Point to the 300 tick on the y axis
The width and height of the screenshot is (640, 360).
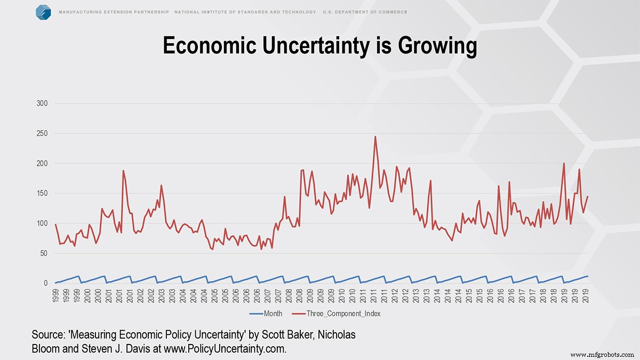[x=42, y=103]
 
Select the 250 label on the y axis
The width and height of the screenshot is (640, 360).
[x=42, y=133]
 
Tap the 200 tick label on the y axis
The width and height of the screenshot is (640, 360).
[x=42, y=163]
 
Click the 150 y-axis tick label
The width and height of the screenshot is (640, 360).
[x=42, y=194]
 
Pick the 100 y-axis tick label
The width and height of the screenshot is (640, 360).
[x=42, y=223]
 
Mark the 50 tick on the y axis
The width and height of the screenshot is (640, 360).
[x=44, y=253]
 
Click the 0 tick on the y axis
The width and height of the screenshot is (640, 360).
[x=46, y=283]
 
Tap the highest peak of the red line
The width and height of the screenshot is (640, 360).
[x=375, y=137]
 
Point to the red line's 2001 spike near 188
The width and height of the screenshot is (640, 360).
[x=123, y=171]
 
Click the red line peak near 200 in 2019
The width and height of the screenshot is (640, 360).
[x=564, y=163]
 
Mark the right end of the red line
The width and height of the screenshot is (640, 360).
[x=588, y=196]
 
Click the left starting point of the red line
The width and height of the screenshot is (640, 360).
[x=55, y=225]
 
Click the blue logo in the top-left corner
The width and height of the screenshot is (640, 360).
[x=43, y=12]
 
